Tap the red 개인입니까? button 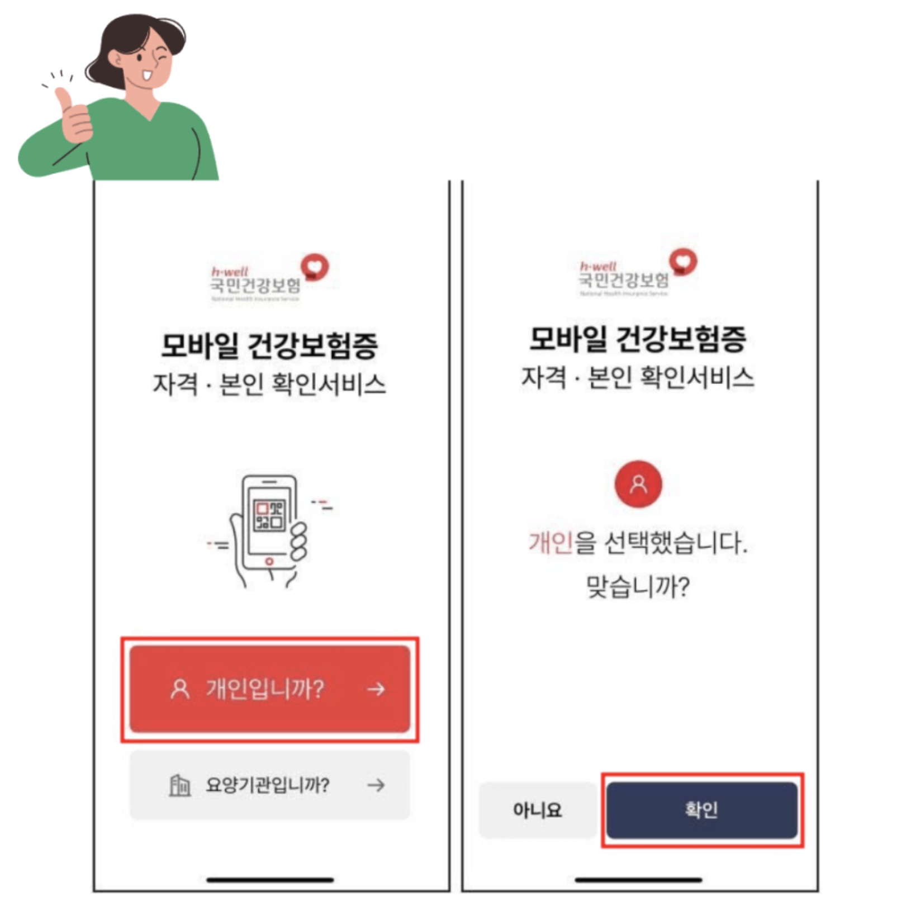(x=269, y=689)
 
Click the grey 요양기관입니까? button (x=269, y=785)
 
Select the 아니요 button (x=537, y=809)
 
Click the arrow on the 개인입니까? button (x=376, y=689)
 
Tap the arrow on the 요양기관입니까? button (x=376, y=785)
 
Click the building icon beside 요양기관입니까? (x=179, y=785)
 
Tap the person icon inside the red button (x=179, y=689)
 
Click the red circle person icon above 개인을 (x=638, y=484)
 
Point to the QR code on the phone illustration (x=270, y=515)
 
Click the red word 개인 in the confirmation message (x=551, y=543)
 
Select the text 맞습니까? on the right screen (x=638, y=587)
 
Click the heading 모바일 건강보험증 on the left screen (x=269, y=345)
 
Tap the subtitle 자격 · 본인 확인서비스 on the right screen (x=638, y=377)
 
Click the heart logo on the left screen (x=315, y=267)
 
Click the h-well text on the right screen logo (x=598, y=266)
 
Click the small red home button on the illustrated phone (x=269, y=561)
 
